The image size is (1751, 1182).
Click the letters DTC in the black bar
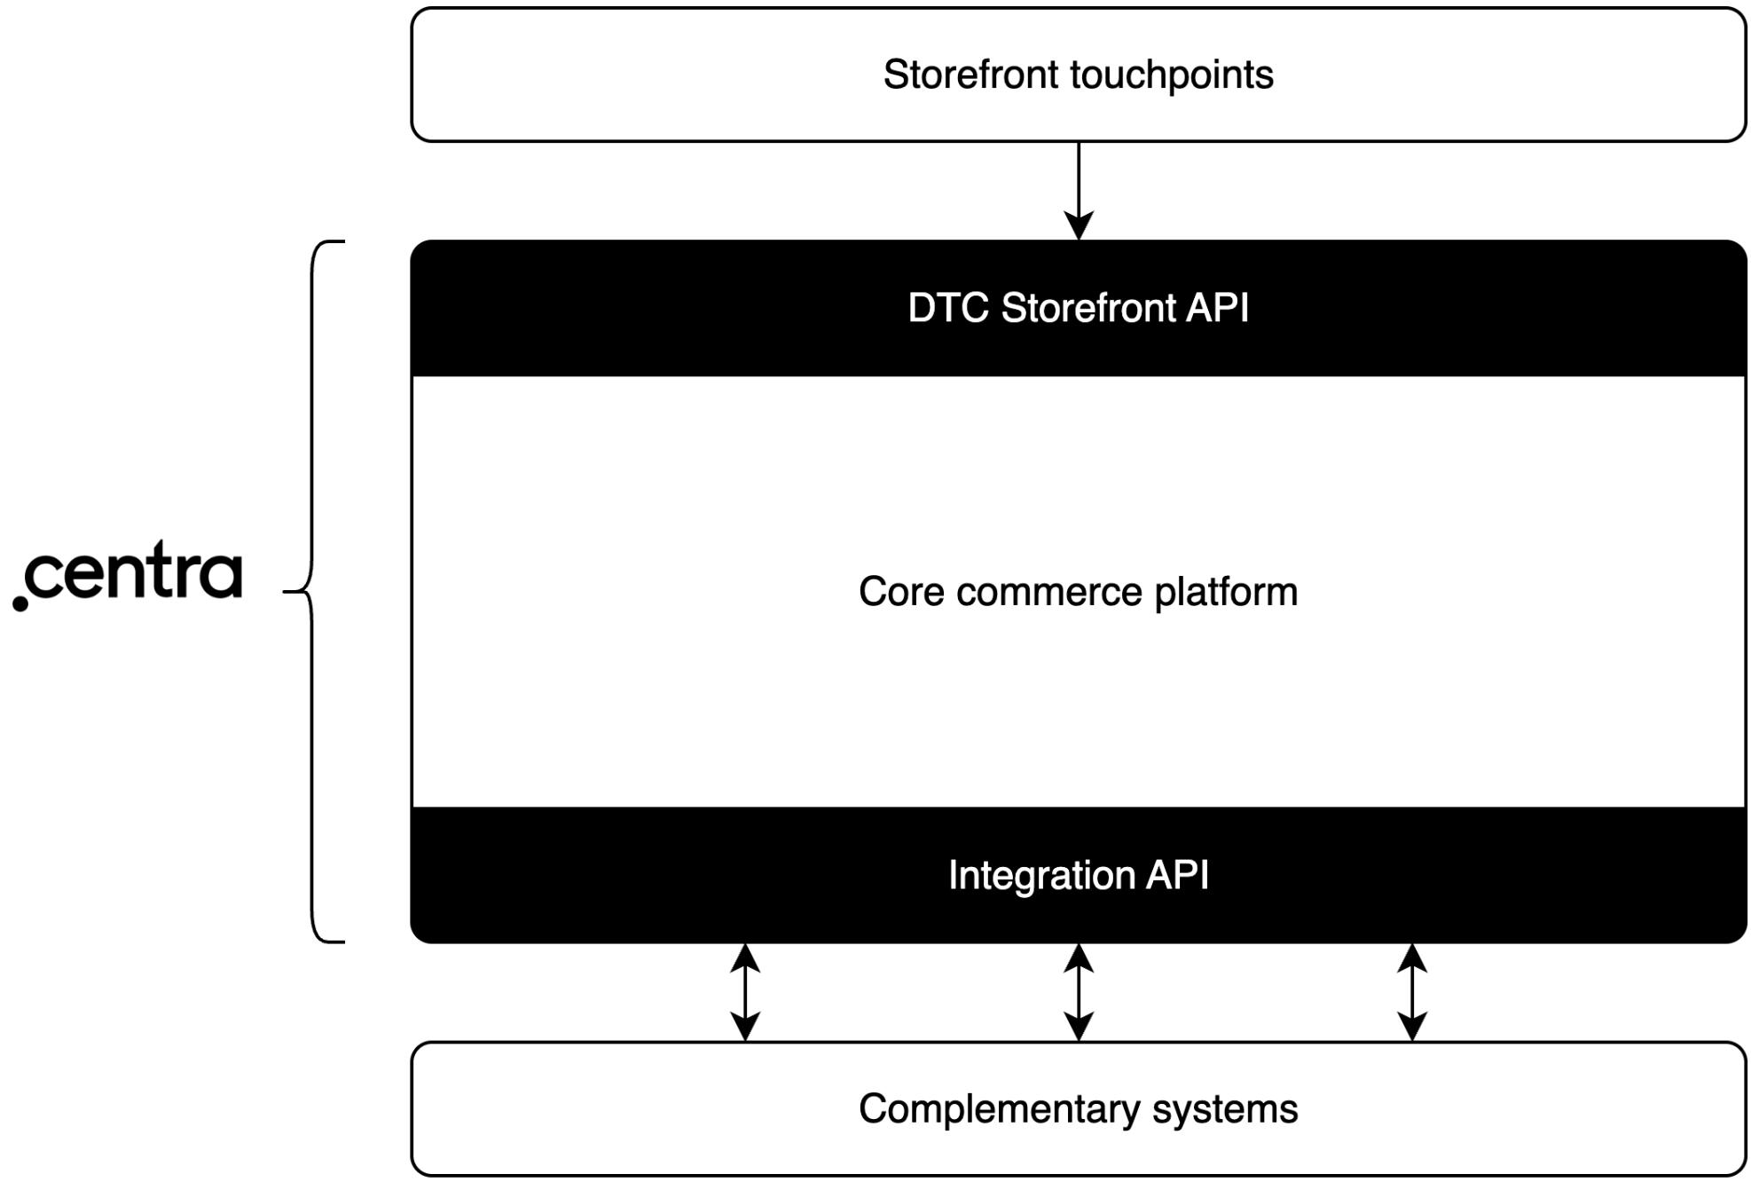[x=947, y=309]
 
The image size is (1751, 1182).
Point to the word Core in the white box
[x=900, y=592]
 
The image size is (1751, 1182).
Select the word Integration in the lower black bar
[x=1041, y=876]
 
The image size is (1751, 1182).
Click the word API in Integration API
[x=1177, y=876]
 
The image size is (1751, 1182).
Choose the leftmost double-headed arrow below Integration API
[x=745, y=992]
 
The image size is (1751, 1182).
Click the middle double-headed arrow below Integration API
[x=1078, y=992]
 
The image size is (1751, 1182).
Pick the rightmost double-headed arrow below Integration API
[x=1411, y=992]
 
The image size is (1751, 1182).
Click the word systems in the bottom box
[x=1225, y=1110]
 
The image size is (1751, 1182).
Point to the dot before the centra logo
[x=20, y=603]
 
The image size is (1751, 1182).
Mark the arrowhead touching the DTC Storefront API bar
[x=1078, y=225]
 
